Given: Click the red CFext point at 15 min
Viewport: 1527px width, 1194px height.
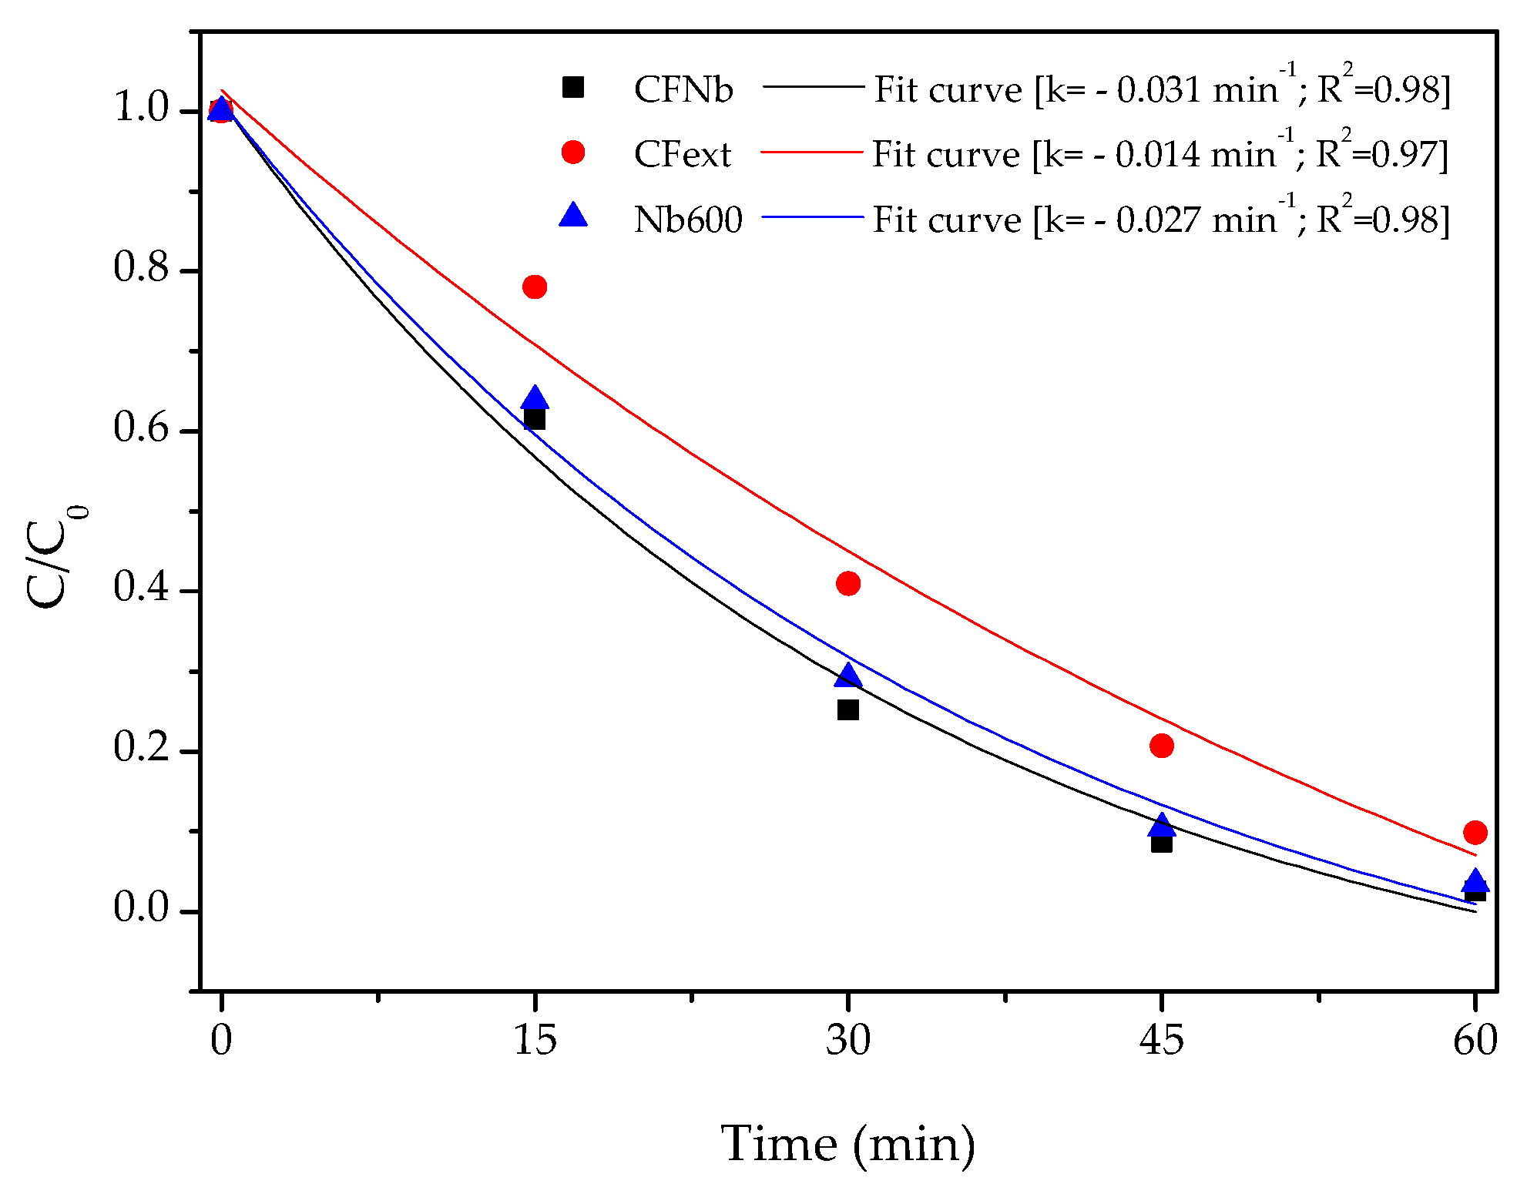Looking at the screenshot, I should coord(534,287).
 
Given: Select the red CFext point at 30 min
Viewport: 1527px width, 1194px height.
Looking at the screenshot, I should coord(847,584).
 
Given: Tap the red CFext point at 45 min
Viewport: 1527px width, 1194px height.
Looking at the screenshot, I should coord(1161,746).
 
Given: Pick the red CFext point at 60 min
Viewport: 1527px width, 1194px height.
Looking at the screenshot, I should coord(1475,832).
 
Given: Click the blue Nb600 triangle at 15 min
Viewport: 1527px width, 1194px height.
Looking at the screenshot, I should coord(534,398).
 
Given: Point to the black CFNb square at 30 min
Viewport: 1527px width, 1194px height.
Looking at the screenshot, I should coord(847,709).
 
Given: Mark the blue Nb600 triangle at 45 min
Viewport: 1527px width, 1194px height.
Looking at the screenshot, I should coord(1161,826).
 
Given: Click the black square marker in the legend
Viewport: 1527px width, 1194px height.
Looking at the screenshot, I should coord(572,87).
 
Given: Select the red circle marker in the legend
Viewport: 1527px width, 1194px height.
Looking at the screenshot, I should coord(572,153).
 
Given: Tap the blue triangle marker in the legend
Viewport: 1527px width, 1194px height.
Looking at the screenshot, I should coord(572,215).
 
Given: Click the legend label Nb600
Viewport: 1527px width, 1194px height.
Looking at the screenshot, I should coord(687,220).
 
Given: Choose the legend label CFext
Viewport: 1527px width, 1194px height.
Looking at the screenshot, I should coord(682,155).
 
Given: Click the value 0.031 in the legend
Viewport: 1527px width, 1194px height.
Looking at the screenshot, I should coord(1159,91).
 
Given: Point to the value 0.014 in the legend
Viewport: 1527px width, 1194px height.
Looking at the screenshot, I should coord(1157,156).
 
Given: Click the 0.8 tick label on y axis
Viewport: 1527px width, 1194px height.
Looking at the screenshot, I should coord(140,268).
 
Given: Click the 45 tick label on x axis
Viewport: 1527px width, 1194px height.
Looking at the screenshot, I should coord(1161,1041).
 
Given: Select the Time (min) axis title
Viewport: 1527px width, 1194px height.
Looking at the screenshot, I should coord(848,1145).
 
